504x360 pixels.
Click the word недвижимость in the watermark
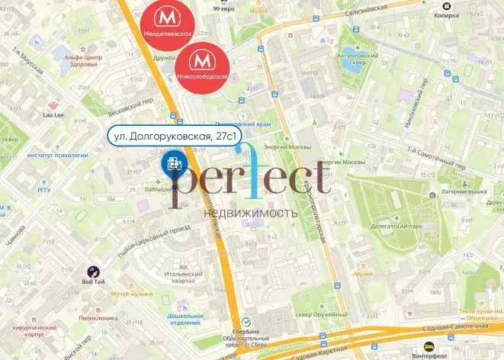251,213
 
